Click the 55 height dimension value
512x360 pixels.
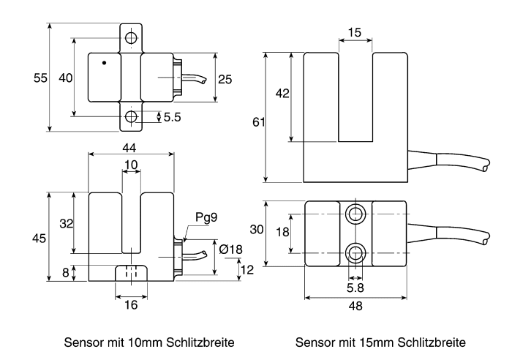(40, 78)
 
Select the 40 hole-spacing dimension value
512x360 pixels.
(66, 78)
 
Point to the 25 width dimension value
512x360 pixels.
(225, 79)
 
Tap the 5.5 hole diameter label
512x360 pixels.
(172, 117)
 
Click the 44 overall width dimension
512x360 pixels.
(129, 148)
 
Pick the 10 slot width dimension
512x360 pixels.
(131, 165)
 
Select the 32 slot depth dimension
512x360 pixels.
(67, 224)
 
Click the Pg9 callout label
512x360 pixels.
(206, 217)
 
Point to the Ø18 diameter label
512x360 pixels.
(231, 250)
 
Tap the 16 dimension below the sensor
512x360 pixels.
(131, 305)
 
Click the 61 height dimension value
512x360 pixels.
(259, 122)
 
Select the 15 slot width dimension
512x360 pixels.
(355, 32)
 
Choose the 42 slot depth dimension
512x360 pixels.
(282, 94)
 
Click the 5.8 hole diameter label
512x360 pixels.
(355, 288)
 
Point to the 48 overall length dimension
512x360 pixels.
(355, 306)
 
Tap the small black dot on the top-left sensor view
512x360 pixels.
(104, 63)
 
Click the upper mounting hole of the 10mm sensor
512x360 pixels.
(131, 38)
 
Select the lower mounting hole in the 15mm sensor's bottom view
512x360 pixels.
(355, 252)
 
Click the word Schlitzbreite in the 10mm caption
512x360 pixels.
(200, 342)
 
